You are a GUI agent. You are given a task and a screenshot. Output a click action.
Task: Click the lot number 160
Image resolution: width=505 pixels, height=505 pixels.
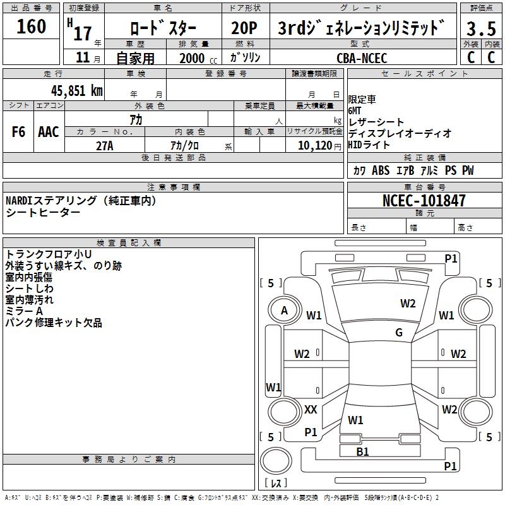32,27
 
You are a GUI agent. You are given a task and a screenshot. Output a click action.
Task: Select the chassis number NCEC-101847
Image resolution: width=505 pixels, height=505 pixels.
424,201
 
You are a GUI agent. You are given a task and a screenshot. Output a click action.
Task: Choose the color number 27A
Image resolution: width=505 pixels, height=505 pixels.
104,145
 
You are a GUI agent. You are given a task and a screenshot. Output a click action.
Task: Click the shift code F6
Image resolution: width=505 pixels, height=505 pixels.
18,132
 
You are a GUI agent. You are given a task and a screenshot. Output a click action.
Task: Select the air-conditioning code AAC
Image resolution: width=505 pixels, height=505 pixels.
49,132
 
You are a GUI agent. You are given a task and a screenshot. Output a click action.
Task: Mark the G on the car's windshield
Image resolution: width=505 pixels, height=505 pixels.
398,333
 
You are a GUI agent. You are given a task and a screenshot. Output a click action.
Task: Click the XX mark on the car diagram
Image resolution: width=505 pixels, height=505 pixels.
311,410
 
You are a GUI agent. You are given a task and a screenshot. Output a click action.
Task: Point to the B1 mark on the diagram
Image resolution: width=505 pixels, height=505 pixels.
362,451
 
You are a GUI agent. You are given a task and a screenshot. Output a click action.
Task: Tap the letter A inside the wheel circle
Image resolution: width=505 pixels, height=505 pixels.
285,311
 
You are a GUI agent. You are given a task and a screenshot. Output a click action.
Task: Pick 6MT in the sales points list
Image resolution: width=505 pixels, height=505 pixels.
356,110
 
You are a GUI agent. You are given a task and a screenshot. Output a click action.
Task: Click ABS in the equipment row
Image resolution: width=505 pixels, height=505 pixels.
381,170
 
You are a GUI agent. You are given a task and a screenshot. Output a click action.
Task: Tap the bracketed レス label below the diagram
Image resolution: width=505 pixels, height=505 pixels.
276,484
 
